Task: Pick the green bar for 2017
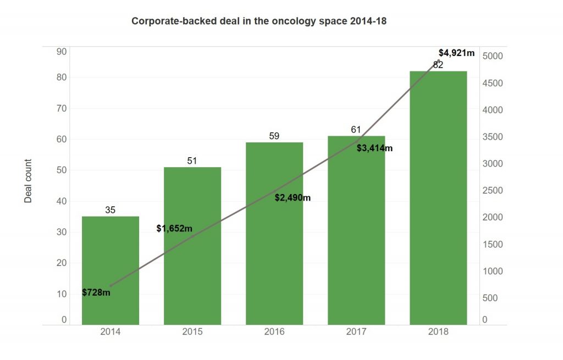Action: pyautogui.click(x=356, y=231)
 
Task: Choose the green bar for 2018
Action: pyautogui.click(x=438, y=198)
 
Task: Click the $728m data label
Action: pyautogui.click(x=96, y=292)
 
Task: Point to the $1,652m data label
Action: pyautogui.click(x=174, y=228)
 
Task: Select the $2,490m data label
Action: pyautogui.click(x=292, y=198)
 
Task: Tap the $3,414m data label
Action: pyautogui.click(x=374, y=148)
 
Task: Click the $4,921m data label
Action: pyautogui.click(x=456, y=53)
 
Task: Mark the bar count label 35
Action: pyautogui.click(x=110, y=210)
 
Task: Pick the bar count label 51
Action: pyautogui.click(x=192, y=160)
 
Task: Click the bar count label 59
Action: pyautogui.click(x=274, y=136)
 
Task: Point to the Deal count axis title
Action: pyautogui.click(x=29, y=181)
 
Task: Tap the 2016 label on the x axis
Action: pyautogui.click(x=274, y=331)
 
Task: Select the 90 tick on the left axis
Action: pyautogui.click(x=61, y=52)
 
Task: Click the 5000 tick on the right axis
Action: pyautogui.click(x=493, y=56)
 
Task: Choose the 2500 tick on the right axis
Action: pyautogui.click(x=493, y=191)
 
